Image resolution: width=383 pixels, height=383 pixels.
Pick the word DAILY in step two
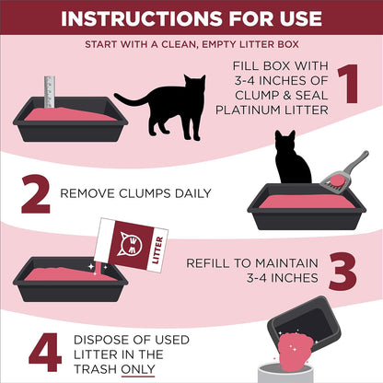191,193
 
